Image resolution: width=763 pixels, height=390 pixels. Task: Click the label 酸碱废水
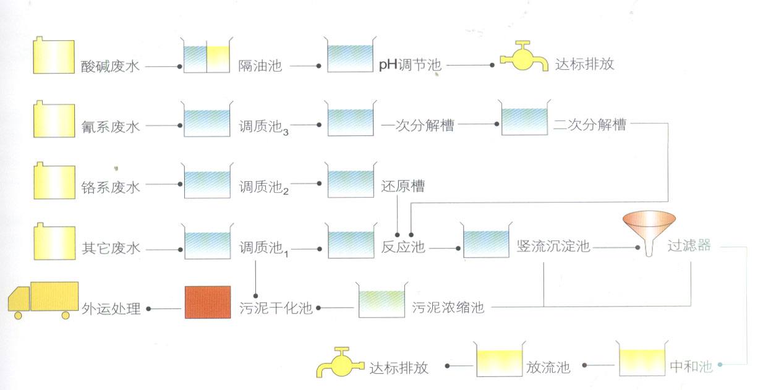(110, 66)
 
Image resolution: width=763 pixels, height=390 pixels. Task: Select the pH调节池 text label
(410, 65)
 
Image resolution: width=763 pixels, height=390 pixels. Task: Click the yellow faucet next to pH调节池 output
(524, 56)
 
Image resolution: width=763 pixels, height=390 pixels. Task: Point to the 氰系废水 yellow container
(54, 119)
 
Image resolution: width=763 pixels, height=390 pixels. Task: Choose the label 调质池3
(263, 127)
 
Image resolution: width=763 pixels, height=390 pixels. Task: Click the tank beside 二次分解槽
(524, 117)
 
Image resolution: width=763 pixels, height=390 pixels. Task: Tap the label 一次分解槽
(417, 125)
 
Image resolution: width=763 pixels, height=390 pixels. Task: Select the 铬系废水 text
(110, 187)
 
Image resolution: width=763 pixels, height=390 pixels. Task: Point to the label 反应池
(403, 247)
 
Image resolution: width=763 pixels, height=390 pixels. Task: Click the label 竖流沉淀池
(553, 246)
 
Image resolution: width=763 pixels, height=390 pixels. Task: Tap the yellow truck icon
(43, 300)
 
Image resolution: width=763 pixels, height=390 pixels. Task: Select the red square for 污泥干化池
(208, 302)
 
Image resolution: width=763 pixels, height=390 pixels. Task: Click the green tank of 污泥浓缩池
(381, 300)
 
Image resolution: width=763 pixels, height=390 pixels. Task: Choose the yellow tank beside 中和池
(642, 358)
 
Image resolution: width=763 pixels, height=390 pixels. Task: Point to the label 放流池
(548, 367)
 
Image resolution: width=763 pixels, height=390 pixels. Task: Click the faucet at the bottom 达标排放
(340, 362)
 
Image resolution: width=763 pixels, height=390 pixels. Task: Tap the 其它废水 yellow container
(54, 241)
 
